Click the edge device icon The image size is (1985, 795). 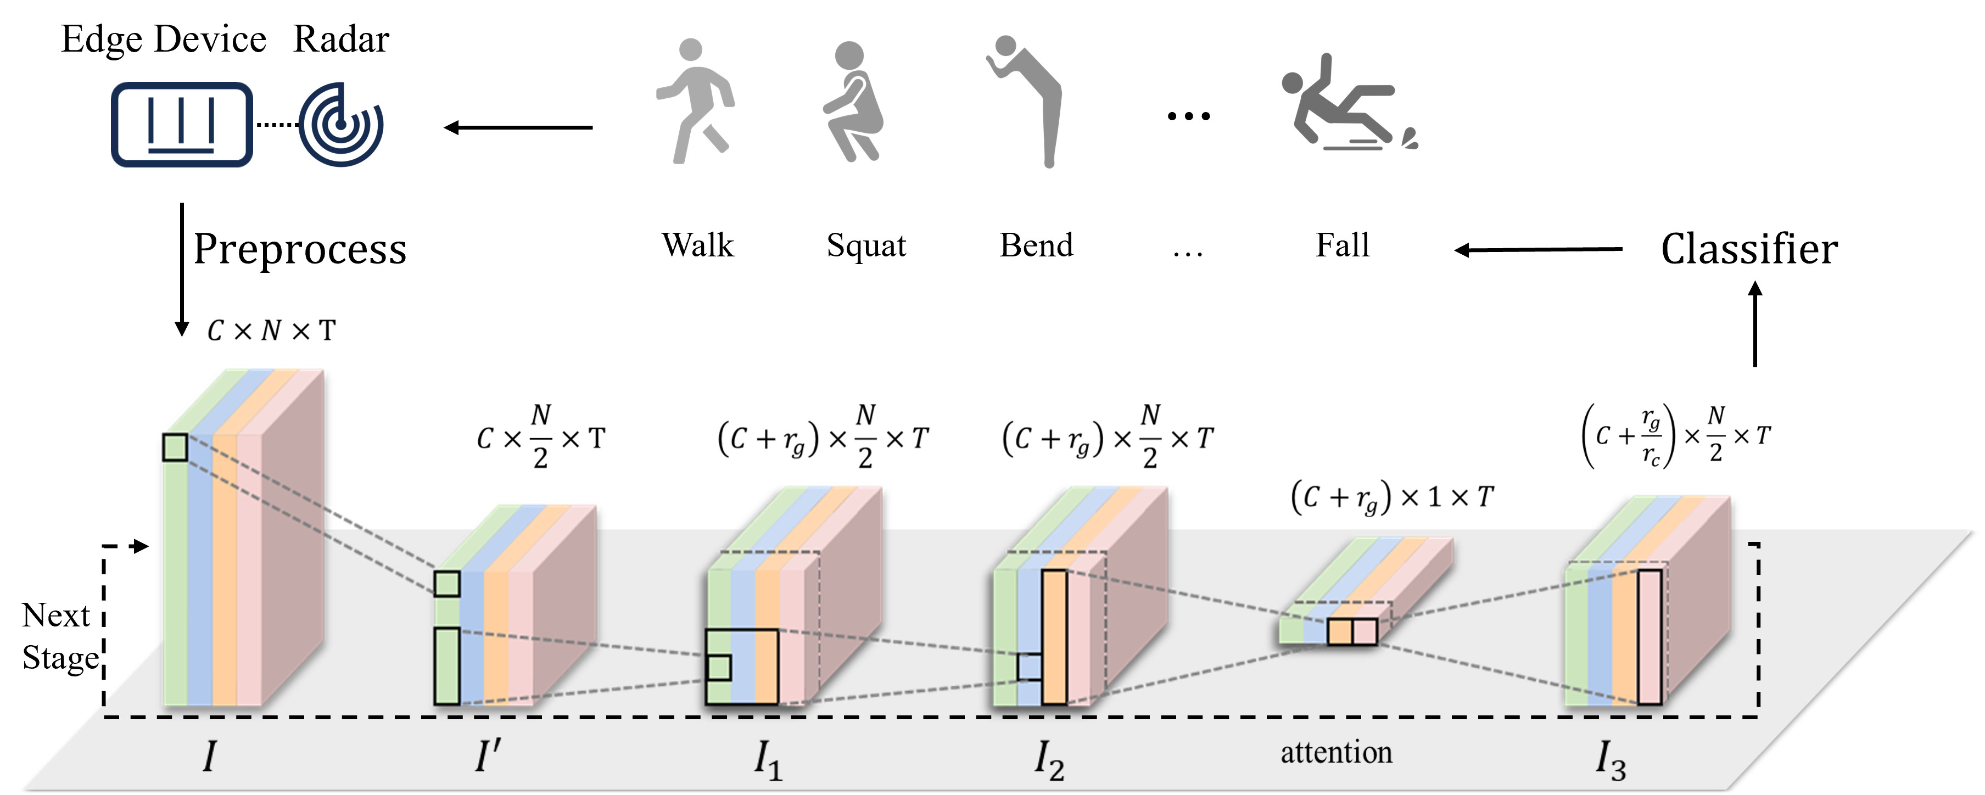182,124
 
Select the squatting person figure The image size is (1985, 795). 852,101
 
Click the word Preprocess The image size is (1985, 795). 300,250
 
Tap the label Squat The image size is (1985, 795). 866,247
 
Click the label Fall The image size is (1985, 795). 1343,246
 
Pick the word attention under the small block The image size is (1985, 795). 1336,753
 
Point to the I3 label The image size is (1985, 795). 1611,760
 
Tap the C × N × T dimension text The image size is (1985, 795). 271,331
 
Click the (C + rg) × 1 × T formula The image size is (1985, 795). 1391,497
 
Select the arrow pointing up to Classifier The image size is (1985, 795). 1755,323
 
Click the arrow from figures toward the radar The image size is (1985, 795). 518,127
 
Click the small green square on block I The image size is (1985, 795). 175,447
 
